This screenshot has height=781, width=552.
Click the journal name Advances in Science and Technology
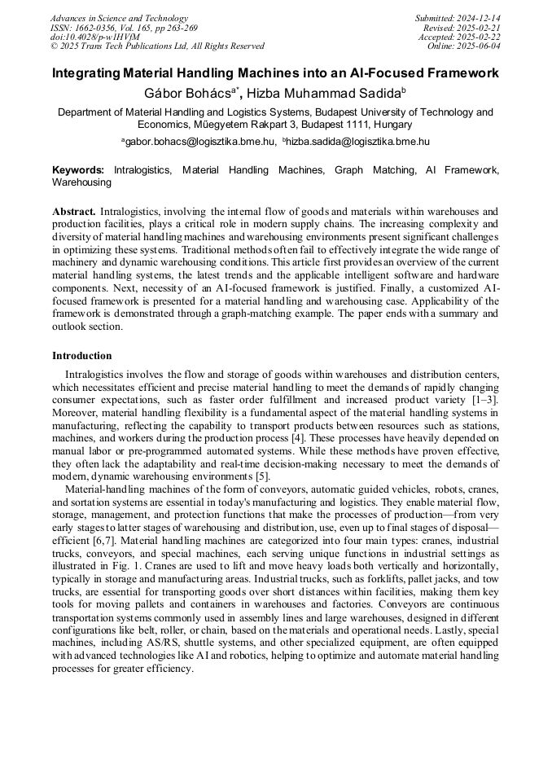click(119, 18)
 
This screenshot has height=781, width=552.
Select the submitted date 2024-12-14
click(479, 18)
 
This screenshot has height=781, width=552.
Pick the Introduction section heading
click(82, 356)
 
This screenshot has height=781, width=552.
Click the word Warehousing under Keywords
click(81, 183)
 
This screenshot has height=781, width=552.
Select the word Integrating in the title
click(85, 73)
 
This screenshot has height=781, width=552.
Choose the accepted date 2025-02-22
click(479, 37)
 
